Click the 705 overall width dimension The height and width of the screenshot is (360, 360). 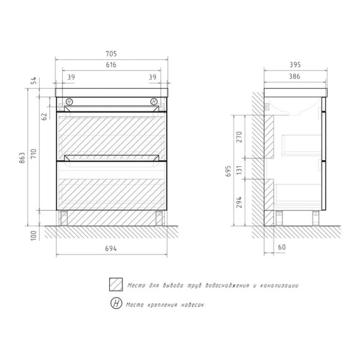[x=111, y=54]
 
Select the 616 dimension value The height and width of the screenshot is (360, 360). [x=111, y=65]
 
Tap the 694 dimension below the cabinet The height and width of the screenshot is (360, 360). [x=111, y=248]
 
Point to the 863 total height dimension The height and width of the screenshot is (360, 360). [x=22, y=158]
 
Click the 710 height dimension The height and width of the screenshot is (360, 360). [x=34, y=154]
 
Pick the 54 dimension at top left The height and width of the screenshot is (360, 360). [x=34, y=80]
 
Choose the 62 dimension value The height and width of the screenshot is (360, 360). [x=44, y=116]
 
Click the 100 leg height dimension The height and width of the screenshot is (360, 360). [x=34, y=236]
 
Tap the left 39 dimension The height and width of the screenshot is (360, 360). [x=71, y=77]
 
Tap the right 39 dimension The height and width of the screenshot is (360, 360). [x=152, y=77]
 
